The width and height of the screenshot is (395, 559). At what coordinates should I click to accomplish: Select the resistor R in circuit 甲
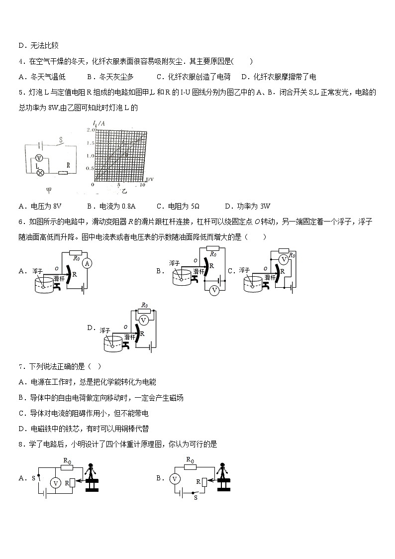(x=62, y=173)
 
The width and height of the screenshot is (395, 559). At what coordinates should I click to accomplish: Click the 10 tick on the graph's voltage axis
(x=142, y=185)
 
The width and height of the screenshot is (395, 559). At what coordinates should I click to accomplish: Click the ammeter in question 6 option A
(x=87, y=263)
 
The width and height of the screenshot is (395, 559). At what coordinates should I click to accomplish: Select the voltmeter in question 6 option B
(x=214, y=290)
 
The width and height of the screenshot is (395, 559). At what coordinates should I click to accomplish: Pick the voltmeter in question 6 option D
(x=144, y=320)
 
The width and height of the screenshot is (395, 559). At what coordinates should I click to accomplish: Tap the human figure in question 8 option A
(x=91, y=471)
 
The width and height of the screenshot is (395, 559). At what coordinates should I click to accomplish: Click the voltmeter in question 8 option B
(x=175, y=479)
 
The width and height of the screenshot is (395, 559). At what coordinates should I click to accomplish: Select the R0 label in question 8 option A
(x=67, y=460)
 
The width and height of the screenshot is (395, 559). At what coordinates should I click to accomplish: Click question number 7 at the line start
(x=20, y=367)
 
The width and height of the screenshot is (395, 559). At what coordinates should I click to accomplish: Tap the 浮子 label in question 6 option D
(x=104, y=330)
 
